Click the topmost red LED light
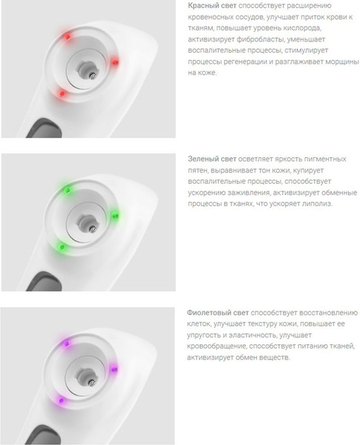pos(68,36)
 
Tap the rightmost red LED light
pos(115,62)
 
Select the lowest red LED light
pos(62,93)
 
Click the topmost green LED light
pos(68,190)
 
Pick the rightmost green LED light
pos(115,215)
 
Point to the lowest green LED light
pos(62,247)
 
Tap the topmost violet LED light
pos(66,343)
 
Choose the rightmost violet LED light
pos(114,369)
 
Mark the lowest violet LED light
pos(61,400)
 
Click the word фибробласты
pos(258,39)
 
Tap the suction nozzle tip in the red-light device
pos(92,76)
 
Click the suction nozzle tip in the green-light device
pos(92,228)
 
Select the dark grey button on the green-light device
pos(45,281)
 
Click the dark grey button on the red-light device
pos(45,128)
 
